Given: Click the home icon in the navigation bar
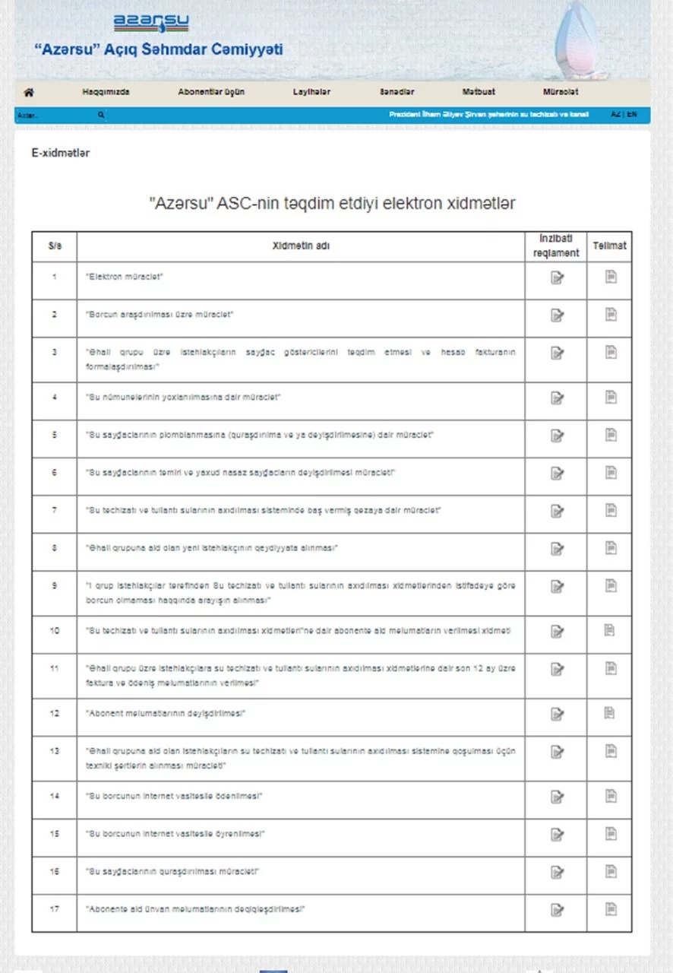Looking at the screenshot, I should tap(29, 92).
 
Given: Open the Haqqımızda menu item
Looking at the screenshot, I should tap(106, 92).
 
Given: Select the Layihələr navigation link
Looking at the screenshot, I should tap(311, 92).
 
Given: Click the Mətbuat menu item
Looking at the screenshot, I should tap(479, 92).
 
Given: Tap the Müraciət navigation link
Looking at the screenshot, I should tap(561, 92).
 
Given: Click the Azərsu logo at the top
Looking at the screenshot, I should tap(151, 24).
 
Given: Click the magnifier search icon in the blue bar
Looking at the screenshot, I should tap(101, 115).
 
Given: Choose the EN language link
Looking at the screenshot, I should tap(633, 114).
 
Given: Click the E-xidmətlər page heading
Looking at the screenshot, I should tap(61, 153).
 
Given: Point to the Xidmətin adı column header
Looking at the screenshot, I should tap(301, 246).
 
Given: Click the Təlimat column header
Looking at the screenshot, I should tap(609, 246).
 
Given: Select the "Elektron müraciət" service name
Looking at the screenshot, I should tap(125, 277).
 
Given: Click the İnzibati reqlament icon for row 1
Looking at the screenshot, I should tap(557, 277).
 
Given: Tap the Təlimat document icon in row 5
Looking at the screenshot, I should tap(611, 435).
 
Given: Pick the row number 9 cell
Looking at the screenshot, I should tap(54, 586).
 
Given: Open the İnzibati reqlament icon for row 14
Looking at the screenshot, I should tap(557, 797).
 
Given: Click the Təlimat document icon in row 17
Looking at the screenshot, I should tap(611, 909).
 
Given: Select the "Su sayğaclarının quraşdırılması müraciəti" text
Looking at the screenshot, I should tap(172, 871).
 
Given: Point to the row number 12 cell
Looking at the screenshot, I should tap(54, 713).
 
